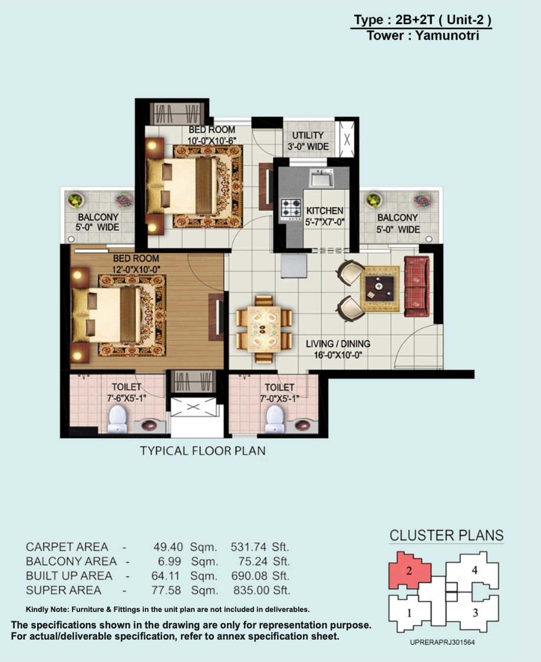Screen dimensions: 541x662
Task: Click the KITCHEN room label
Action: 324,211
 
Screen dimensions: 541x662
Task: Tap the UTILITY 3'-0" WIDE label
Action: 308,141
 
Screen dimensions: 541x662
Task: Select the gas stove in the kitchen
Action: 291,210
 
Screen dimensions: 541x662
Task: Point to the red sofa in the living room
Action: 417,286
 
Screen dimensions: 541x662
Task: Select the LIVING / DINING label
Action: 338,344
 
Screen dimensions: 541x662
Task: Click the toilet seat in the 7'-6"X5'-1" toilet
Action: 117,419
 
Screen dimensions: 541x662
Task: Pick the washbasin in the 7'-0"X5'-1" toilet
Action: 303,425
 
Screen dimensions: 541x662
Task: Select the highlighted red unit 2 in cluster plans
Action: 409,570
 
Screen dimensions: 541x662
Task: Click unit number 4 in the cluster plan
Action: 474,570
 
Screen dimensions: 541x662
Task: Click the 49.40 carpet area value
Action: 168,547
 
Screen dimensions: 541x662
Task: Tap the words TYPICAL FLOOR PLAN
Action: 203,451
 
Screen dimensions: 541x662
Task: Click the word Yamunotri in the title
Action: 447,35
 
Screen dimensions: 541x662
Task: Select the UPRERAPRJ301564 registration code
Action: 442,642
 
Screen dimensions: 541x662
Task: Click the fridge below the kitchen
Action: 294,266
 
